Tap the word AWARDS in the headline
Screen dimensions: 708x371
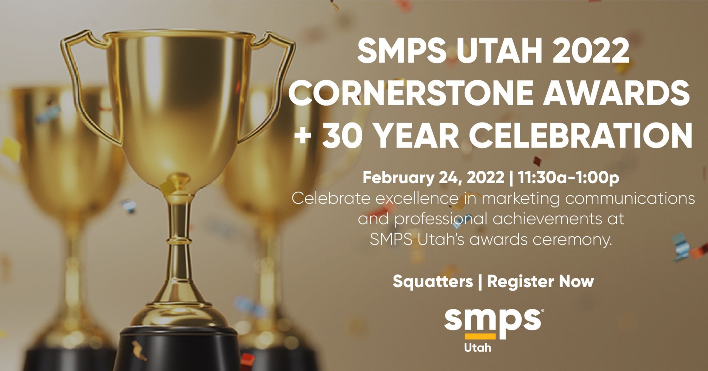pyautogui.click(x=616, y=93)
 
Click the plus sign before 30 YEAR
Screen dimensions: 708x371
pyautogui.click(x=303, y=136)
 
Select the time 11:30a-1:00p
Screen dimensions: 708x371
pyautogui.click(x=569, y=178)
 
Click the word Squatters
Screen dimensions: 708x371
pyautogui.click(x=433, y=281)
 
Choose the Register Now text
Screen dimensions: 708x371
pyautogui.click(x=540, y=281)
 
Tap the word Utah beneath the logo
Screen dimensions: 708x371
pyautogui.click(x=477, y=347)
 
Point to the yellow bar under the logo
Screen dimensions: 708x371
pyautogui.click(x=480, y=336)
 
